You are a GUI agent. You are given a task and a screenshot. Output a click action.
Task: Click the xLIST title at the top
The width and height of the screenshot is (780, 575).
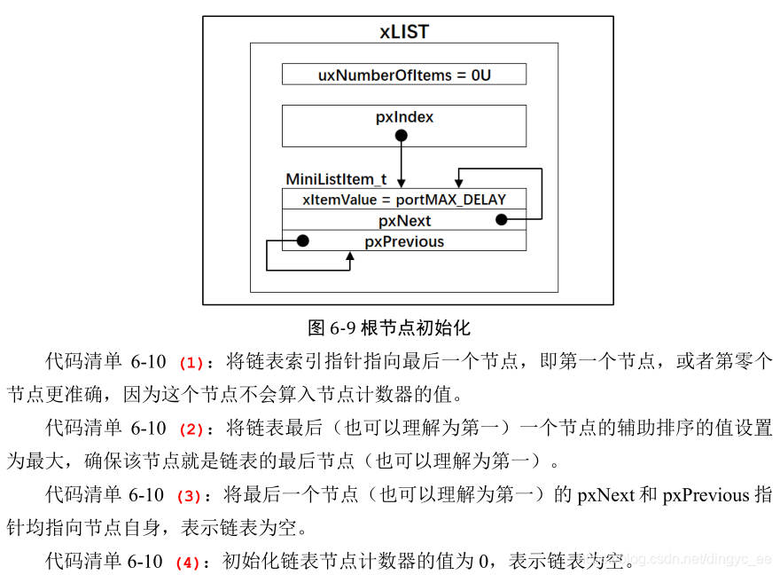point(404,32)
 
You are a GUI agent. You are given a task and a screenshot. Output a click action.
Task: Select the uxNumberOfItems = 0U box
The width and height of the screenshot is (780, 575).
point(404,75)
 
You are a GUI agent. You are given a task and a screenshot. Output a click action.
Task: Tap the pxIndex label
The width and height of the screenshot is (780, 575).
point(404,117)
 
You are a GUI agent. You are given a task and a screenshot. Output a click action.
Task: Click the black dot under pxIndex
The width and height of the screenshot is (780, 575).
point(402,136)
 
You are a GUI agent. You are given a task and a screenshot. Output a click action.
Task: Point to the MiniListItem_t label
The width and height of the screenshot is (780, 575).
point(336,179)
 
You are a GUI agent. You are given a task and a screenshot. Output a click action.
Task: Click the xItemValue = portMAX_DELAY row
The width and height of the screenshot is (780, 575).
point(404,199)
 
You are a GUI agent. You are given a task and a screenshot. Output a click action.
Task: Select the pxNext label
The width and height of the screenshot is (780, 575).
point(404,219)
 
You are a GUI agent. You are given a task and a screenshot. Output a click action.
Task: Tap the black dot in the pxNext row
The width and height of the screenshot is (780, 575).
point(501,219)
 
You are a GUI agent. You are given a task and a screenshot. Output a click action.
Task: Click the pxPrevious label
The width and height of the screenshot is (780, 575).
point(404,240)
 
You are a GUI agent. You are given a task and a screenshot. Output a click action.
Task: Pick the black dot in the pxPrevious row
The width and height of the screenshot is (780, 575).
point(303,240)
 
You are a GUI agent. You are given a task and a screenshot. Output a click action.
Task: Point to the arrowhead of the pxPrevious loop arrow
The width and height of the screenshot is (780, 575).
point(350,257)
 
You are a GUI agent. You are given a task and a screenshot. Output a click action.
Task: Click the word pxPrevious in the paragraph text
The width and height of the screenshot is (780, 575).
point(706,495)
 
